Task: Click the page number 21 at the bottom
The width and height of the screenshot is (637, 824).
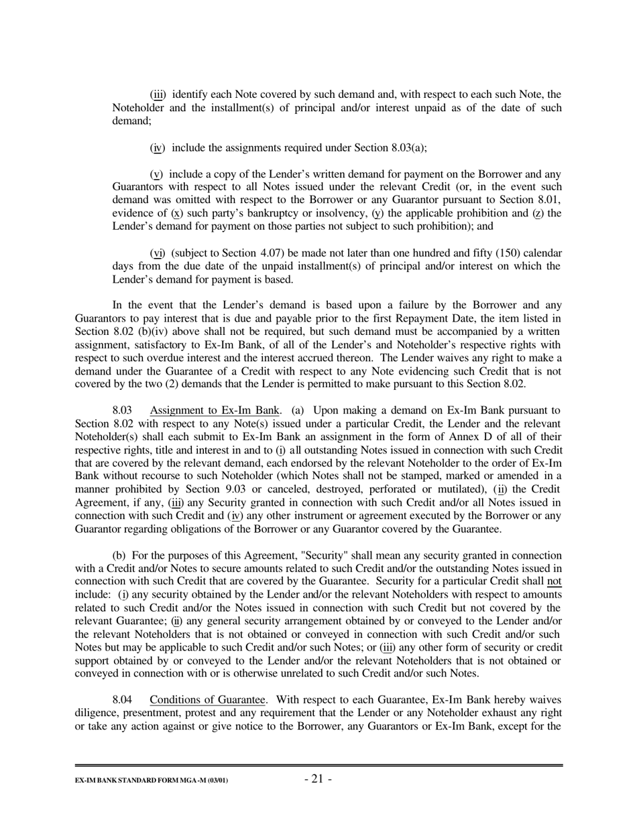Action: point(318,778)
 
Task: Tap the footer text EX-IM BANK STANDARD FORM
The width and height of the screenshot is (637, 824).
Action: point(151,781)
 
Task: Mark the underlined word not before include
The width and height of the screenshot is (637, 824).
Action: point(554,581)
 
